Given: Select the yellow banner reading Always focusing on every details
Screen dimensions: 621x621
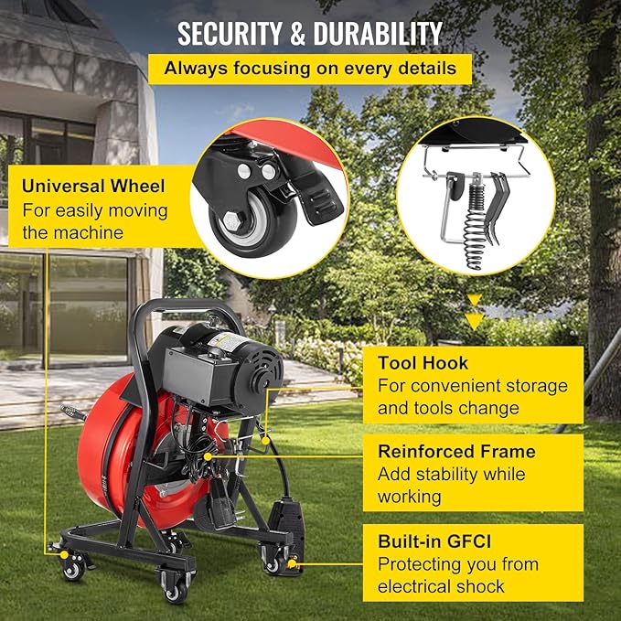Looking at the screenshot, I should [311, 69].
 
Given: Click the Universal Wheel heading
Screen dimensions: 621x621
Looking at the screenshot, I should [94, 186].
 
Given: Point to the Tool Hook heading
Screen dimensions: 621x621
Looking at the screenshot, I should [423, 363].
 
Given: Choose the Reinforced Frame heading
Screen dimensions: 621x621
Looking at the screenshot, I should [456, 451].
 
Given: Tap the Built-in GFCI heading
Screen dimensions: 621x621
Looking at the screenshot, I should [442, 541].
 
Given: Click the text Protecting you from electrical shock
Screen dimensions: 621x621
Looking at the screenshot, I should [458, 575].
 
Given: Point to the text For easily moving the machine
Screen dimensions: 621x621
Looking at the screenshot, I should [95, 221].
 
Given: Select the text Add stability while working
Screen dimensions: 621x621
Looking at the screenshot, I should [452, 486].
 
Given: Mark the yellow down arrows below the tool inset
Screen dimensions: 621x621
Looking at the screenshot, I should [474, 311].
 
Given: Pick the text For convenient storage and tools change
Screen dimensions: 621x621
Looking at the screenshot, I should [472, 397].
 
